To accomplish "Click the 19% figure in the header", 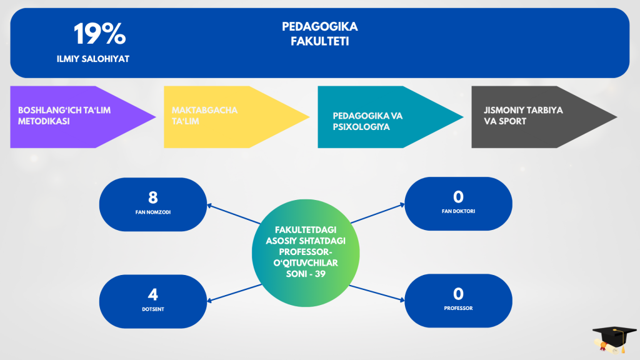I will (99, 34).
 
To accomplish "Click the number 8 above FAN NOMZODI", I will (153, 198).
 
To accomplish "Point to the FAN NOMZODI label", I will (153, 212).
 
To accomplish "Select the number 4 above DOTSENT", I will (153, 294).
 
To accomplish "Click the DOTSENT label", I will (153, 309).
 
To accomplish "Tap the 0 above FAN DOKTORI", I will (458, 197).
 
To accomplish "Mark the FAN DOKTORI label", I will (458, 212).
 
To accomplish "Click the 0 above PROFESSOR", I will (458, 294).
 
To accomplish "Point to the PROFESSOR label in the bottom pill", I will (458, 308).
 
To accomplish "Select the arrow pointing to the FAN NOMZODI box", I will (234, 214).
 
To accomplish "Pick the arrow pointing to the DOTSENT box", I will (234, 293).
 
